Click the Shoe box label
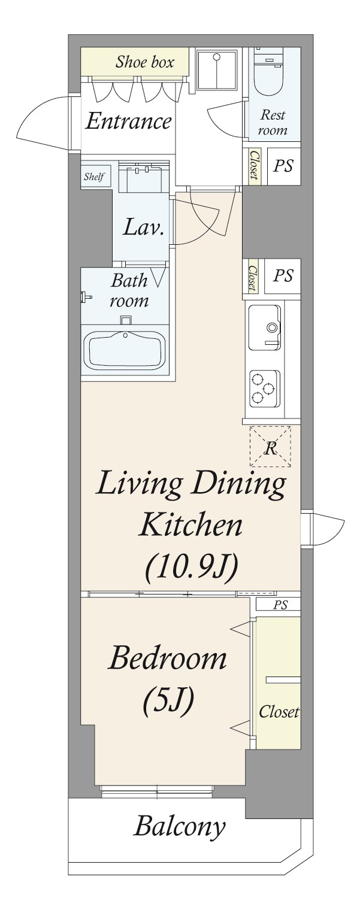pyautogui.click(x=145, y=62)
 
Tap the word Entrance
pyautogui.click(x=128, y=121)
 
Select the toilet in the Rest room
pyautogui.click(x=270, y=71)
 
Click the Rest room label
pyautogui.click(x=273, y=122)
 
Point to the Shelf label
pyautogui.click(x=94, y=177)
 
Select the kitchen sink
pyautogui.click(x=265, y=327)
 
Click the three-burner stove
pyautogui.click(x=265, y=389)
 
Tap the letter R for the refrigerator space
pyautogui.click(x=271, y=448)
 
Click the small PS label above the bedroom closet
pyautogui.click(x=281, y=605)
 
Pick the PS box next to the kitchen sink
pyautogui.click(x=283, y=277)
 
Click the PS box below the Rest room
pyautogui.click(x=283, y=165)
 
